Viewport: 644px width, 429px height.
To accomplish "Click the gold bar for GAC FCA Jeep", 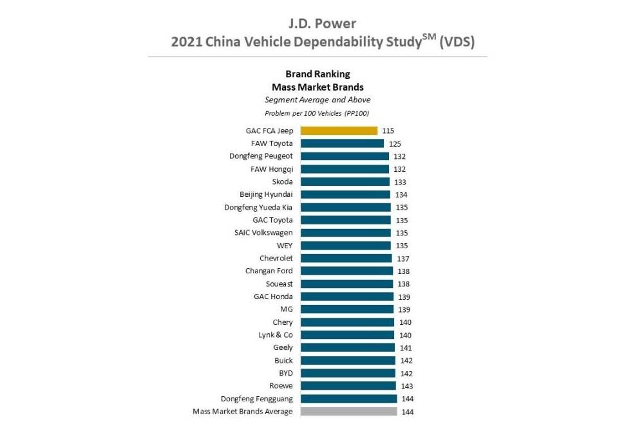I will click(x=339, y=131).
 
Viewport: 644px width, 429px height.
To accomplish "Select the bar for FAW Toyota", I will click(x=342, y=143).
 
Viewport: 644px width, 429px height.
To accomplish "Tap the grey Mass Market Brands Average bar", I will click(x=348, y=412).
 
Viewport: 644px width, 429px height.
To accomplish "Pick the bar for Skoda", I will click(x=345, y=182).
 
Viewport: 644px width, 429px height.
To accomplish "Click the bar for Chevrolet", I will click(x=346, y=259).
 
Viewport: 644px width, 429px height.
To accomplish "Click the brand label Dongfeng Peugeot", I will click(x=261, y=156).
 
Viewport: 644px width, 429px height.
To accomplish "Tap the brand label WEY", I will click(x=284, y=246).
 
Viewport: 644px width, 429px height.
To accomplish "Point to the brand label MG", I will click(x=287, y=309).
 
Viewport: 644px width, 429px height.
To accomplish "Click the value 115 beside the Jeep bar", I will click(x=388, y=131).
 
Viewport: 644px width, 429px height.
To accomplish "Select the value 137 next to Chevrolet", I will click(x=403, y=259).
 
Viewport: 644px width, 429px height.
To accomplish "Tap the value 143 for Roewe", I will click(x=407, y=386).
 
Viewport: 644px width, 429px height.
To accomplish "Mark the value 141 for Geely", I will click(x=406, y=348).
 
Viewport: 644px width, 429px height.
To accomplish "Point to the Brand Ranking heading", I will click(x=317, y=74).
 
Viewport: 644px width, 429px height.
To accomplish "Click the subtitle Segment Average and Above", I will click(x=317, y=100).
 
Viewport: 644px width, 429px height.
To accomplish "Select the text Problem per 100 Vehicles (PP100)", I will click(x=317, y=113).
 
